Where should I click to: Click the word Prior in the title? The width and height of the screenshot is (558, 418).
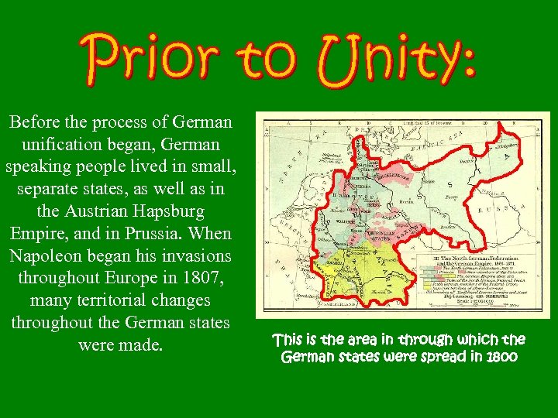click(x=144, y=56)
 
